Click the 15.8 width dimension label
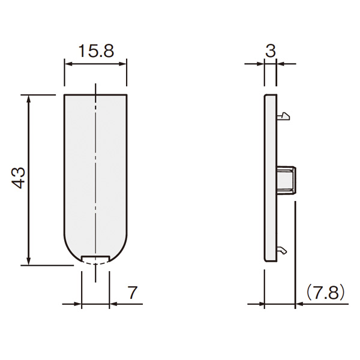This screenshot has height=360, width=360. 96,51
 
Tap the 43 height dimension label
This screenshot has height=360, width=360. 19,178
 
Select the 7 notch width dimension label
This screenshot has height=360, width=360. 132,292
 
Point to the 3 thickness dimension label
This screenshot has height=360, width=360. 271,51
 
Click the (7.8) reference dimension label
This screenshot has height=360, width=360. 326,293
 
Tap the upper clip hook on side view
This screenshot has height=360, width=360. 283,116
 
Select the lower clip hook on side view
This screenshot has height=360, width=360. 282,250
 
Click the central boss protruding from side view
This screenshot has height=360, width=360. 286,181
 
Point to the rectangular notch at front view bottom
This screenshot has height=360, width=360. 95,259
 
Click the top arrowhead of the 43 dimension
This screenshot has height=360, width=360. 28,99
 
